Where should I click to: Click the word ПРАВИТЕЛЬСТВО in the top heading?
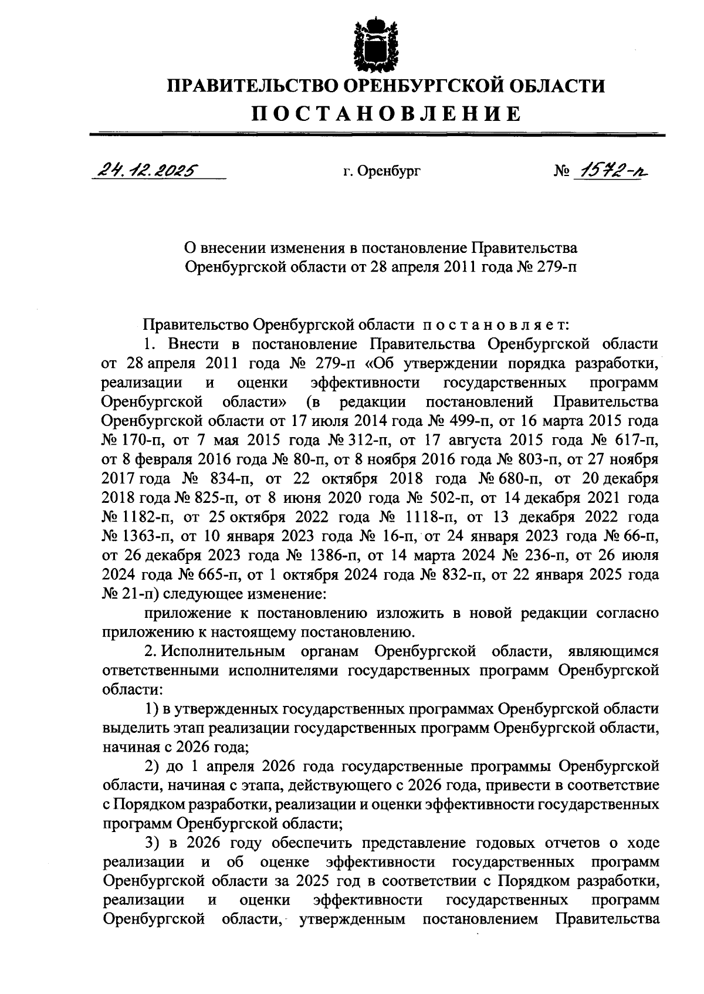click(251, 86)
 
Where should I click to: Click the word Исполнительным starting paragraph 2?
click(224, 652)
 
